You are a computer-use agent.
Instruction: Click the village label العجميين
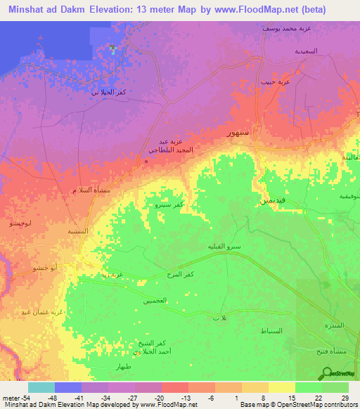coord(155,300)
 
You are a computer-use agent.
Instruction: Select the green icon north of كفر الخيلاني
coord(112,48)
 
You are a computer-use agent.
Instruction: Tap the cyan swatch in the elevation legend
coord(41,387)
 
